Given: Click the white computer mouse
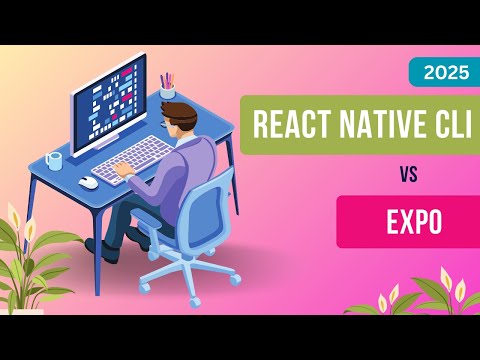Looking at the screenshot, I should pos(89,183).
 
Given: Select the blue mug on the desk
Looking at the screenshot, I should pos(53,160).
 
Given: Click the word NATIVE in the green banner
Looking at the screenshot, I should pos(375,126).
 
